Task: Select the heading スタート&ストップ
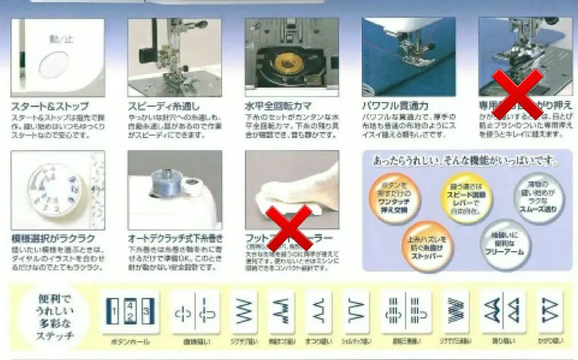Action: [x=50, y=107]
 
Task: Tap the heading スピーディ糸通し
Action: [x=166, y=107]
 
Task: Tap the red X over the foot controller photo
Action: [x=289, y=227]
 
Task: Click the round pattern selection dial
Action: [x=54, y=190]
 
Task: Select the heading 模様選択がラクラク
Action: [x=53, y=238]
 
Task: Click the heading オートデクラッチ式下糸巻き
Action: [x=176, y=238]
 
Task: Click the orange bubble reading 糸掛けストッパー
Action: [x=426, y=244]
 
